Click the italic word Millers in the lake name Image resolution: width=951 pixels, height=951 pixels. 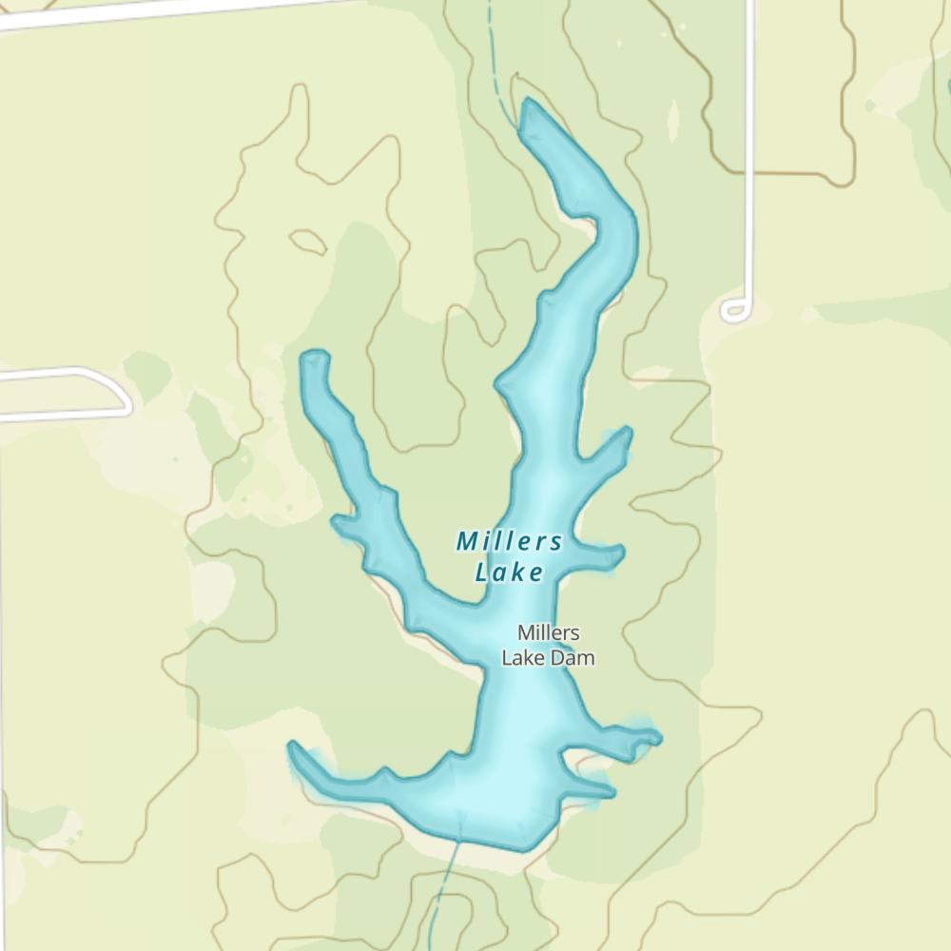(509, 542)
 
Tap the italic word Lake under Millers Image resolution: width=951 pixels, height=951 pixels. (509, 573)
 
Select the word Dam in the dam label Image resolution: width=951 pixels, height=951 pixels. (575, 657)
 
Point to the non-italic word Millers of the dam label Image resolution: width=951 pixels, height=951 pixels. (549, 632)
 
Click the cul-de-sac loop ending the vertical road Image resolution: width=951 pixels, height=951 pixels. (734, 310)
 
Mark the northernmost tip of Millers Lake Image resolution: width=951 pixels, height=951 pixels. (528, 101)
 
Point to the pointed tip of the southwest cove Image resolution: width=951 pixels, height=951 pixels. (294, 747)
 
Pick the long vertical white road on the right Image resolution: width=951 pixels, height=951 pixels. (750, 143)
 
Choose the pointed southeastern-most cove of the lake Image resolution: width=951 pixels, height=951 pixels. (609, 791)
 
